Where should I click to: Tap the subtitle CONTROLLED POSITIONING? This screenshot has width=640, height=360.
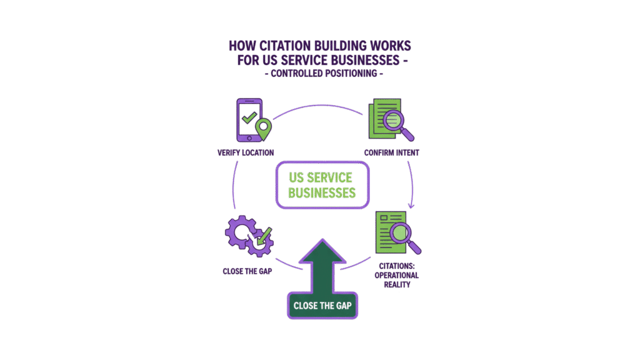pyautogui.click(x=320, y=74)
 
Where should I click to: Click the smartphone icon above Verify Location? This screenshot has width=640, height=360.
pyautogui.click(x=248, y=119)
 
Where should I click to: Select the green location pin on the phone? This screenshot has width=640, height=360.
pyautogui.click(x=264, y=127)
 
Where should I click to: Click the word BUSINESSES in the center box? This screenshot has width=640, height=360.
pyautogui.click(x=322, y=192)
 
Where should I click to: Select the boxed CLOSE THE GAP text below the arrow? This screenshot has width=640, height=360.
pyautogui.click(x=321, y=306)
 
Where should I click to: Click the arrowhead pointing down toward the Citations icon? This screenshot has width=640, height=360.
pyautogui.click(x=411, y=206)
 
